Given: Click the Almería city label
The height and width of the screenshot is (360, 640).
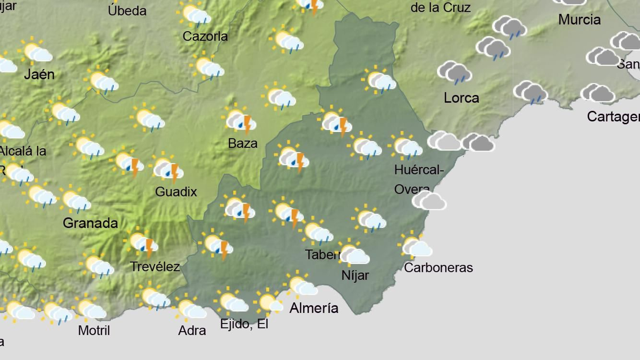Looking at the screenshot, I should [314, 308].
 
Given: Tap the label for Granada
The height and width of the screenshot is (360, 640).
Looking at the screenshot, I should [90, 223].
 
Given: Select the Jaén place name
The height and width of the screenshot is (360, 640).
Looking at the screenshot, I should [39, 74].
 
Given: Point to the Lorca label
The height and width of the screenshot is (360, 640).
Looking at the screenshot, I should [461, 98].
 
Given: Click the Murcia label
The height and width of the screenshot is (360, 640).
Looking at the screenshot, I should [579, 19].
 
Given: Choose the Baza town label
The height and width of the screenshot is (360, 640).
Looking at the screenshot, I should [242, 143].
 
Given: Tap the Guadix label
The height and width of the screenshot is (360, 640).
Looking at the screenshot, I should [176, 192].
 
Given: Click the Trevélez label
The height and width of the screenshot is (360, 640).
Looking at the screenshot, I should [155, 266].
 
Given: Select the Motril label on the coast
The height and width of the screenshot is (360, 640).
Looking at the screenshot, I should [94, 330].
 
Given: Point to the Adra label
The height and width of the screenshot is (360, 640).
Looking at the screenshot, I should [192, 330].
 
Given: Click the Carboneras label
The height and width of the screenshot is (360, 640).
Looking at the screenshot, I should [438, 268].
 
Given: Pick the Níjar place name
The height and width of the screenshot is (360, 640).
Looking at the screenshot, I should [355, 275].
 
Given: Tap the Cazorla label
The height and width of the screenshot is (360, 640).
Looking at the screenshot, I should [205, 36].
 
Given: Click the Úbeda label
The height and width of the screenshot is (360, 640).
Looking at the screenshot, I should [127, 11].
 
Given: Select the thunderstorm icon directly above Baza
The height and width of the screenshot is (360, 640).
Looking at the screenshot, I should [240, 121].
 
